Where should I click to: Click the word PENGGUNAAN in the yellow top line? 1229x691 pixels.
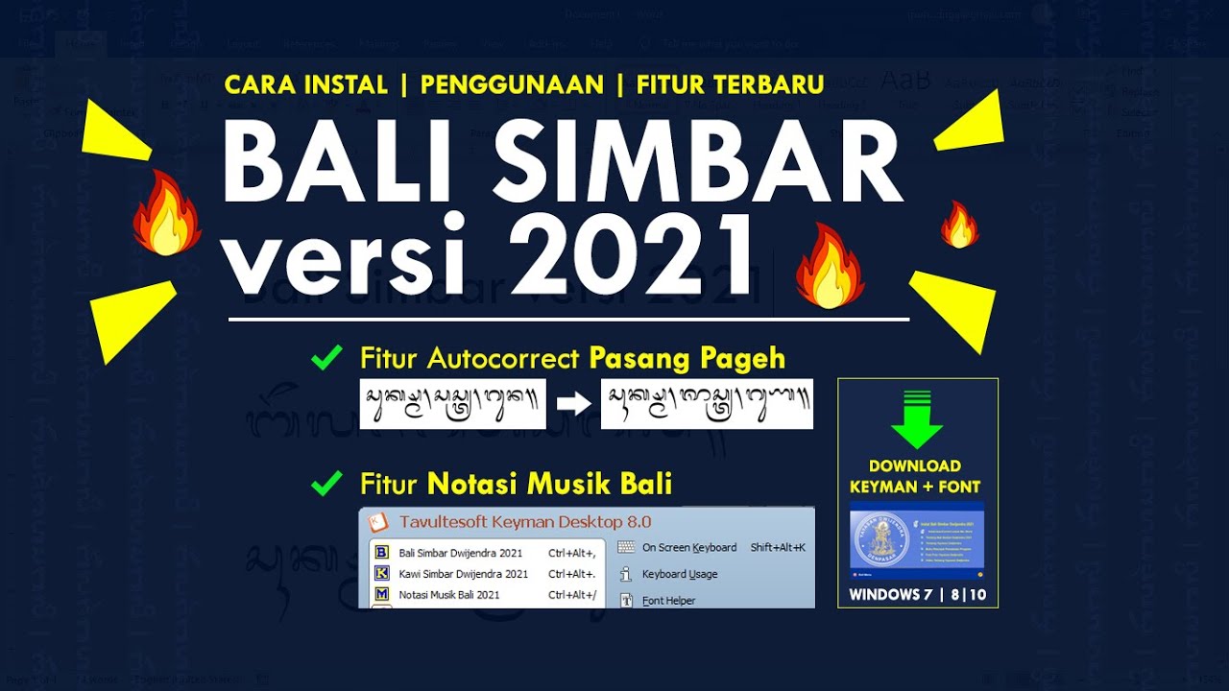[512, 84]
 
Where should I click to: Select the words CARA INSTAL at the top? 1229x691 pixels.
[305, 84]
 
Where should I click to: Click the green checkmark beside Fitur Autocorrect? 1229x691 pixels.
[327, 359]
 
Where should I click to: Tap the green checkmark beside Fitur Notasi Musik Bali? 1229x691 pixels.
[327, 484]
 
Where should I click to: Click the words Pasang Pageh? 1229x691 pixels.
[687, 359]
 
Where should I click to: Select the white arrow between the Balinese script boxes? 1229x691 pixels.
[574, 404]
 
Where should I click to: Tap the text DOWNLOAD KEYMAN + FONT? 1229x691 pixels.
[917, 476]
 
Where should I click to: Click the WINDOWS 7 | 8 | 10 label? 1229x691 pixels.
[917, 595]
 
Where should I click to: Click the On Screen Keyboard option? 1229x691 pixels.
[688, 547]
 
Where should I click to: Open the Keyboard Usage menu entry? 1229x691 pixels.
[680, 574]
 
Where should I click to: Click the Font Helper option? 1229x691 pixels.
[668, 601]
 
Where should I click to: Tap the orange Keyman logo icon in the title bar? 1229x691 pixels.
[379, 522]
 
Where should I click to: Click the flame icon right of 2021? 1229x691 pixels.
[830, 267]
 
